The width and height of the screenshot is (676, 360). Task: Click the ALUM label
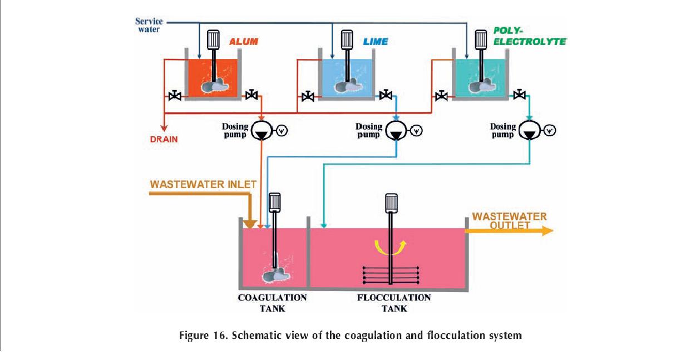(243, 42)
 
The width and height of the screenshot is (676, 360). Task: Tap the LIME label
(376, 42)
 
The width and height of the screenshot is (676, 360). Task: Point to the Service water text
(148, 26)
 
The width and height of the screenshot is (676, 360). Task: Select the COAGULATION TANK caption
(273, 303)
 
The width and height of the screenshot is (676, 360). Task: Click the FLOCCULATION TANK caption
(393, 303)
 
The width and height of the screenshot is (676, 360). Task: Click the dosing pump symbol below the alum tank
(260, 131)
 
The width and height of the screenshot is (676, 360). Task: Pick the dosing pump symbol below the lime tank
(396, 131)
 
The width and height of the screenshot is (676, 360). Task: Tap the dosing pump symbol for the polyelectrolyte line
(530, 131)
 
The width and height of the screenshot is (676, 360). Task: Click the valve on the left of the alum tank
(174, 96)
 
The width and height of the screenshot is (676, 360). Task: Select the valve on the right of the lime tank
(384, 96)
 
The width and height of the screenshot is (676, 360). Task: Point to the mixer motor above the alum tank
(214, 38)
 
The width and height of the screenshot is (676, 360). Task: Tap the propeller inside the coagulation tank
(274, 274)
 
